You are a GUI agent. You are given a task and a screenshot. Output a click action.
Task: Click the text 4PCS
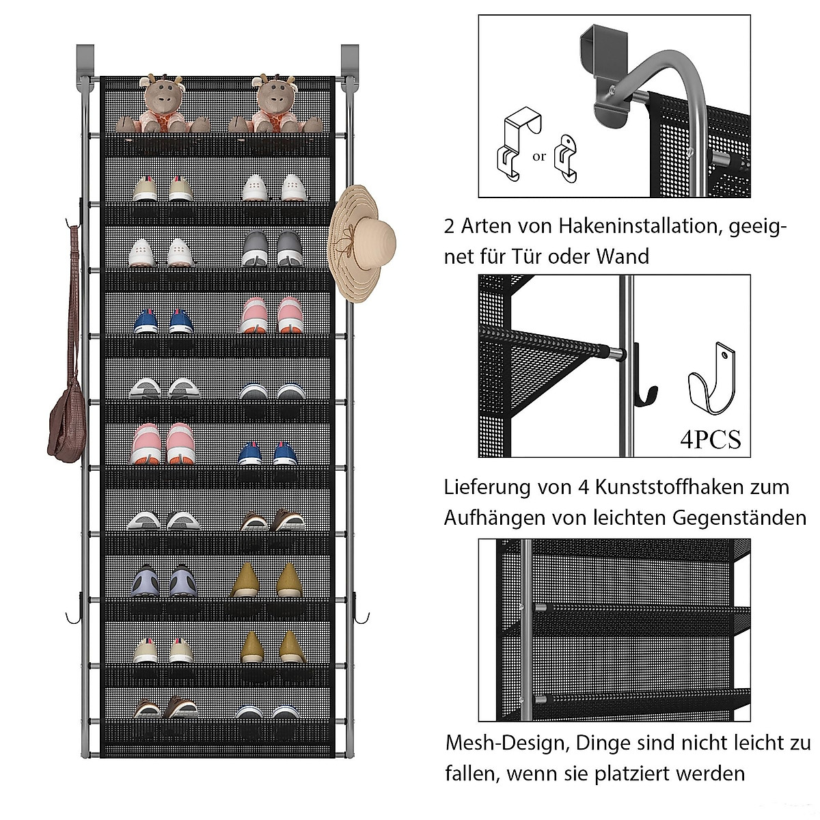[710, 439]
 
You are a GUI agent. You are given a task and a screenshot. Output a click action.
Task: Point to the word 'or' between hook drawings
[539, 156]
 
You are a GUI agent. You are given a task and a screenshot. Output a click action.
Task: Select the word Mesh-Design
[506, 743]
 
